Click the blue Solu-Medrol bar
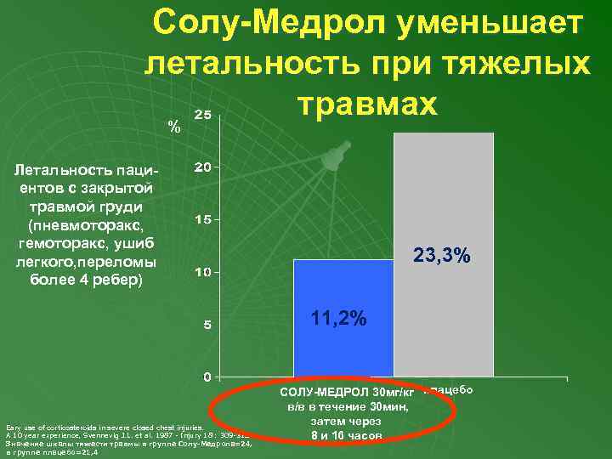tap(343, 340)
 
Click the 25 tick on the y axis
tap(204, 114)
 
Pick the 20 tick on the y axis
tap(204, 167)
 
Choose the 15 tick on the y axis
tap(204, 220)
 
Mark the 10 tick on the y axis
tap(204, 273)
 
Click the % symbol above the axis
tap(174, 127)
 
